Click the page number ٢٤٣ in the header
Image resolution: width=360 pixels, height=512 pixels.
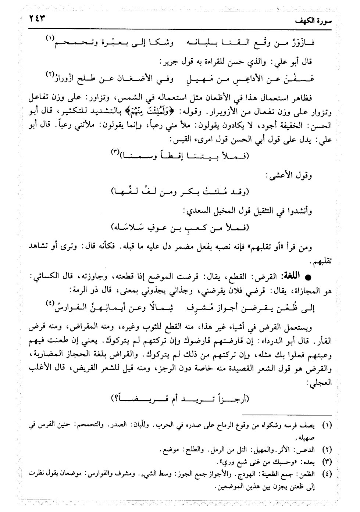point(40,19)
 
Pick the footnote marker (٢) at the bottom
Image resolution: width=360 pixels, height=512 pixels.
point(327,450)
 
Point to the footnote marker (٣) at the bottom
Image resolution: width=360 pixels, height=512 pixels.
point(327,461)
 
